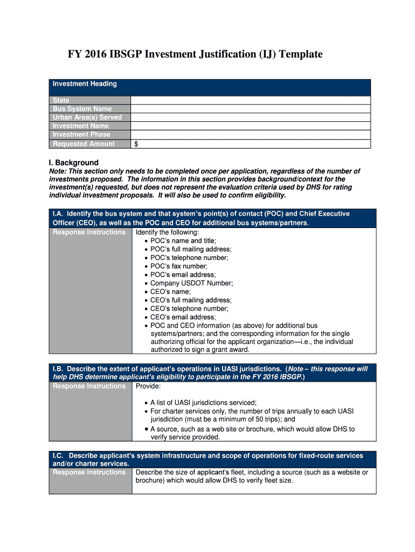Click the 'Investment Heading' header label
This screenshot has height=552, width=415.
coord(84,84)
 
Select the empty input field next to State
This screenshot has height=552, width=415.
coord(251,100)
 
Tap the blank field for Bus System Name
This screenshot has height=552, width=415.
coord(251,109)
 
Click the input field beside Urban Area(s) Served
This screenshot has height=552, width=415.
coord(251,118)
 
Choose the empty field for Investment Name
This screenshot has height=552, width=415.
coord(251,126)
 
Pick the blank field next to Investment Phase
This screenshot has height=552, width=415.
coord(251,135)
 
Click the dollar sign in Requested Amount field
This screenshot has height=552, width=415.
coord(137,144)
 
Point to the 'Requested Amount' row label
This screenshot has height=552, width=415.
coord(84,144)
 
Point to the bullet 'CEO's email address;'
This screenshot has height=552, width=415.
coord(183,317)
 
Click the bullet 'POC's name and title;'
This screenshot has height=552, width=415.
coord(183,240)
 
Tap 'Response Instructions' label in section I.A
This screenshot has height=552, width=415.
coord(89,232)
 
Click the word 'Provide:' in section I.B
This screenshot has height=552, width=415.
coord(148,387)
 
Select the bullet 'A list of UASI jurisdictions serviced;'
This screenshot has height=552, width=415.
coord(203,403)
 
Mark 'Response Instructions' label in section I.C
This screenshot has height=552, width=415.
coord(89,472)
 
